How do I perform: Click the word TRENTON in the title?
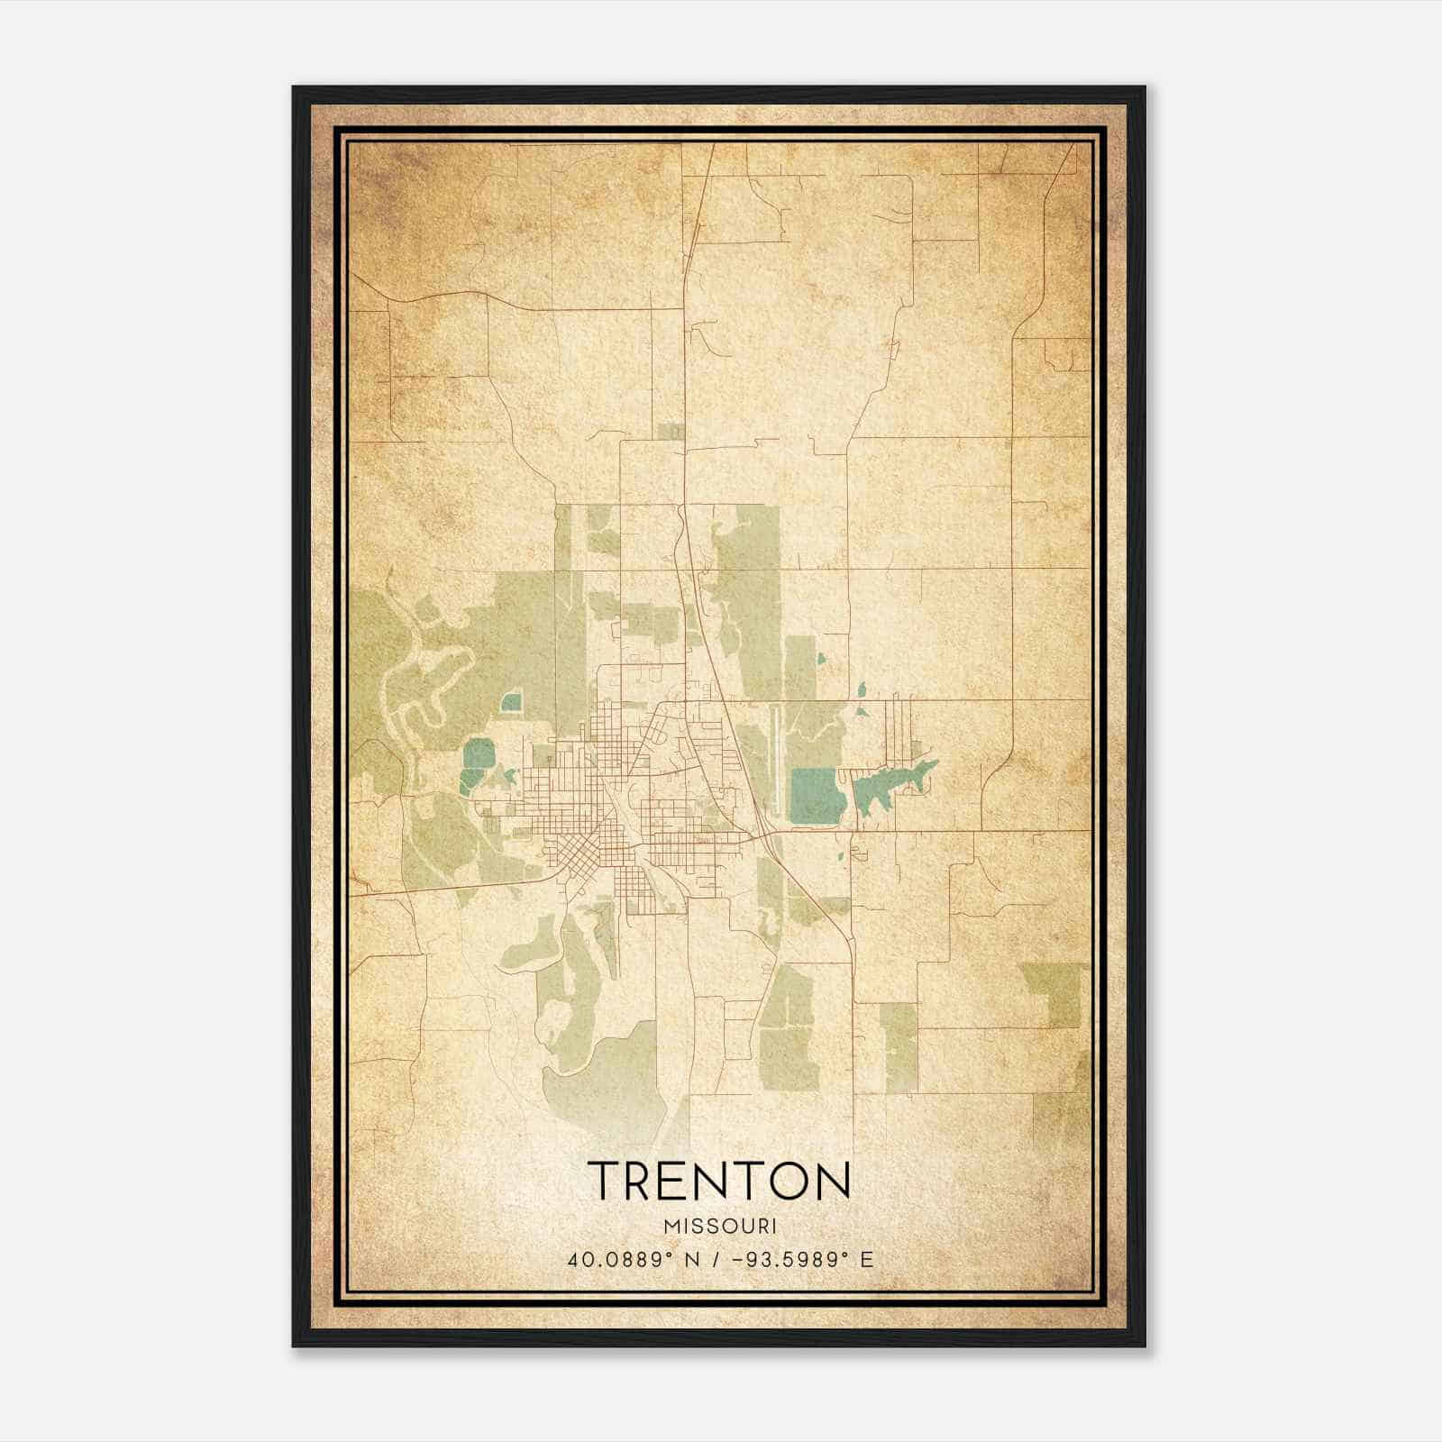[719, 1181]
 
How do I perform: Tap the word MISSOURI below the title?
[719, 1227]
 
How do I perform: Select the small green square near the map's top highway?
[670, 432]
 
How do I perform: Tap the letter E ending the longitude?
[867, 1260]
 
